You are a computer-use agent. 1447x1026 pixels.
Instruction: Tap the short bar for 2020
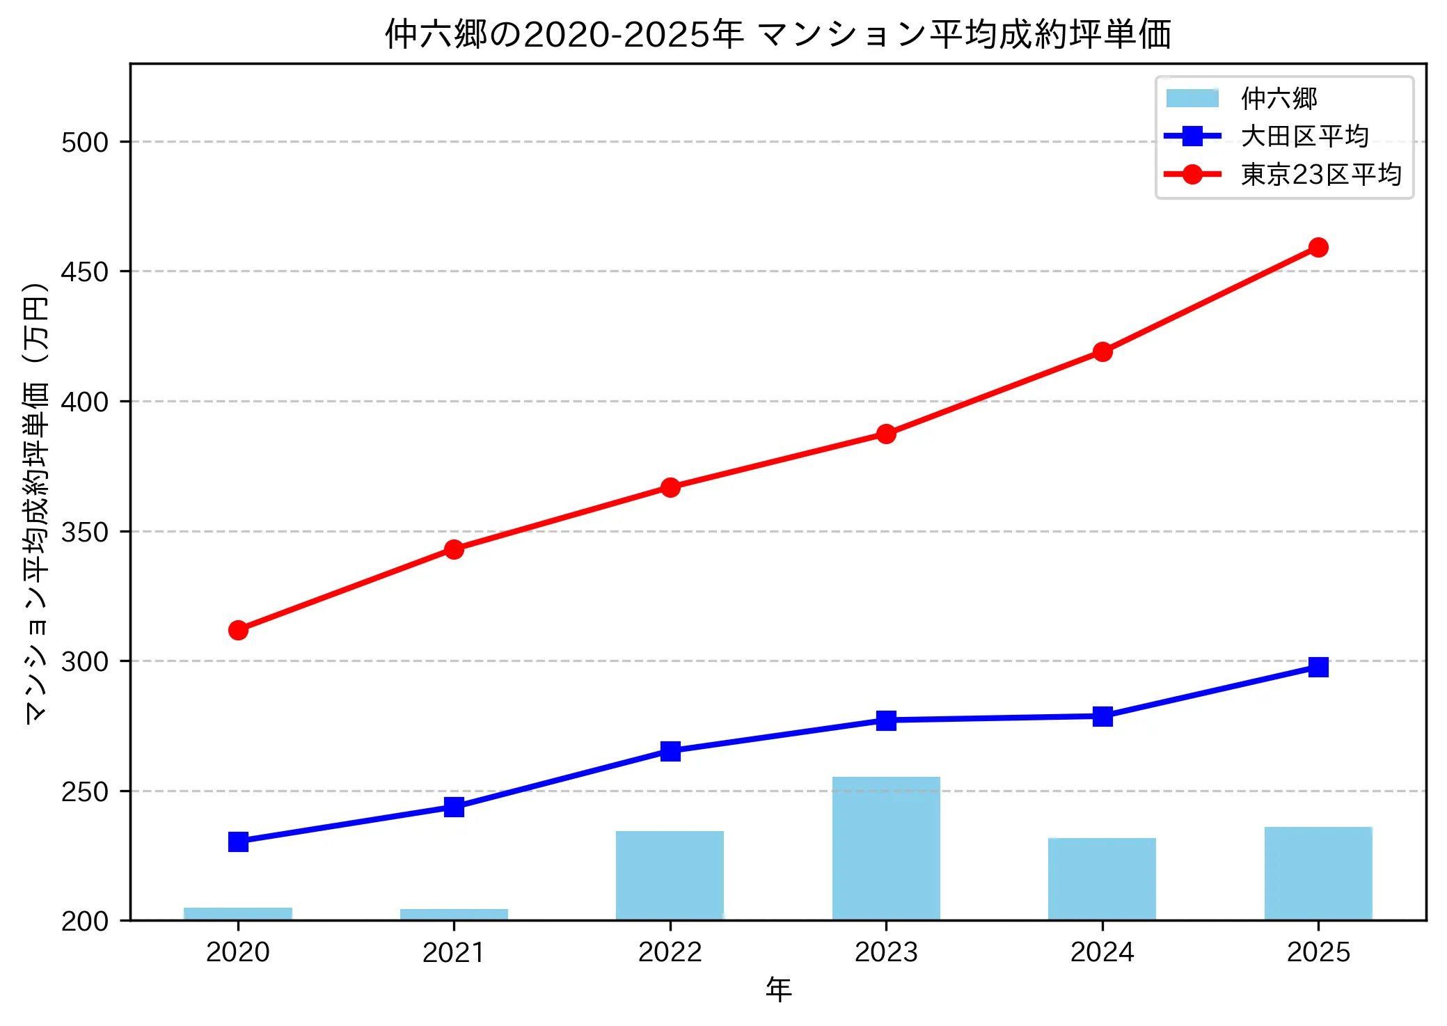pos(238,913)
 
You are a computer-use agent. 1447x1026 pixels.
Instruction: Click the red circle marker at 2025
pos(1318,247)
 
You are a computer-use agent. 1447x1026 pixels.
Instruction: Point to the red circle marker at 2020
pos(238,630)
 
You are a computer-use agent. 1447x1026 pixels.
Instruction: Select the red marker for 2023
pos(885,434)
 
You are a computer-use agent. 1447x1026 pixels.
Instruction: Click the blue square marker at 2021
pos(454,807)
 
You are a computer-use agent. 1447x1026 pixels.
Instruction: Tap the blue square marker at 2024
pos(1102,716)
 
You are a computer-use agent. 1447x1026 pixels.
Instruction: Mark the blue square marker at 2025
pos(1318,667)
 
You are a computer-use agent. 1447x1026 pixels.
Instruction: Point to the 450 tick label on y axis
pos(85,271)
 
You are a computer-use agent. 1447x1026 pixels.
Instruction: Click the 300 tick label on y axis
pos(85,661)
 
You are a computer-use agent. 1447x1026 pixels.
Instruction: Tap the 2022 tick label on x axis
pos(670,952)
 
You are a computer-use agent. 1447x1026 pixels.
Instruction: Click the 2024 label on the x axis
pos(1102,952)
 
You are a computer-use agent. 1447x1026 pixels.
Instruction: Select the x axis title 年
pos(778,990)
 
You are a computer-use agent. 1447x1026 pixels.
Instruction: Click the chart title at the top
pos(778,33)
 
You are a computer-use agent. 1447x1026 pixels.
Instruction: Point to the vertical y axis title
pos(35,503)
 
